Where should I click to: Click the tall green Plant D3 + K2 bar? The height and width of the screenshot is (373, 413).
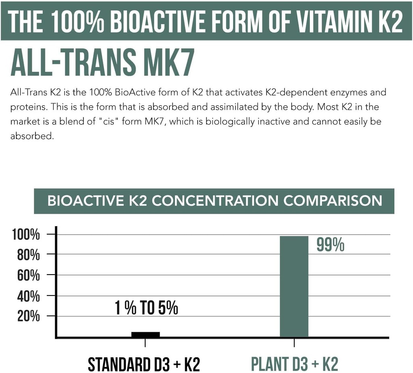pyautogui.click(x=294, y=286)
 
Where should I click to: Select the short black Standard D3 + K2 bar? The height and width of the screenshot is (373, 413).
pyautogui.click(x=145, y=334)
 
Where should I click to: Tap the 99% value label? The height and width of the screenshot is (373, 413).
pyautogui.click(x=330, y=245)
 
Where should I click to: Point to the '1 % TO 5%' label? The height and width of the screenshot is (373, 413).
pyautogui.click(x=146, y=308)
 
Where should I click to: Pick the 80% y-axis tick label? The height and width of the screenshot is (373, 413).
pyautogui.click(x=29, y=255)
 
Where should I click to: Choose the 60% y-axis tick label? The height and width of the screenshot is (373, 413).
pyautogui.click(x=29, y=276)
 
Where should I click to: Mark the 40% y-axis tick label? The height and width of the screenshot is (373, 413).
pyautogui.click(x=29, y=296)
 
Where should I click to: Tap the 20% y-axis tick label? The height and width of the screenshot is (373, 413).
pyautogui.click(x=29, y=316)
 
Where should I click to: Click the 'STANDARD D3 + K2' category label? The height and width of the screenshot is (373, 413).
pyautogui.click(x=144, y=364)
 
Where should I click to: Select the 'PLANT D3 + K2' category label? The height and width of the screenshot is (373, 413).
pyautogui.click(x=294, y=364)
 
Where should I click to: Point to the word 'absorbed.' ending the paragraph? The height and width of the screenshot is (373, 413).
pyautogui.click(x=31, y=136)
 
